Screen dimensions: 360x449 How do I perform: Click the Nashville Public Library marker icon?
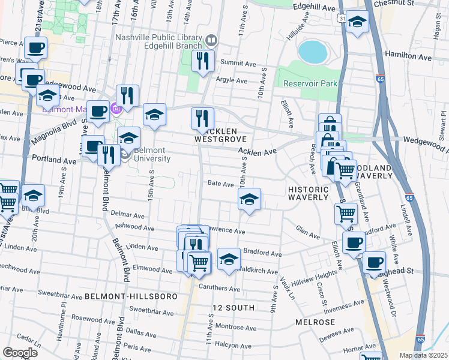point(211,41)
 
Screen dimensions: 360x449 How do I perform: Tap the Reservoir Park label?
point(310,83)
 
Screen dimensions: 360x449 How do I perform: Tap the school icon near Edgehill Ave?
point(358,23)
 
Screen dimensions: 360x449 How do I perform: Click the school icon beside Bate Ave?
point(249,200)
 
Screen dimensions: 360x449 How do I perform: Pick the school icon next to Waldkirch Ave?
point(228,259)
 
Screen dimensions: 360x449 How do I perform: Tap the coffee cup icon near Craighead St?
point(375,262)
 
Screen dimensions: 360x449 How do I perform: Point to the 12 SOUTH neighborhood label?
point(234,307)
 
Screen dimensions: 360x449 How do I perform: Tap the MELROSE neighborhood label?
point(315,322)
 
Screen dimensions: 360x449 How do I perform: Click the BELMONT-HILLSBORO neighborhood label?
point(130,296)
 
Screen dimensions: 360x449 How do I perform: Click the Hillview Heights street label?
point(315,274)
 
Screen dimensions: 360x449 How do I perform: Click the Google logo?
point(20,352)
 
